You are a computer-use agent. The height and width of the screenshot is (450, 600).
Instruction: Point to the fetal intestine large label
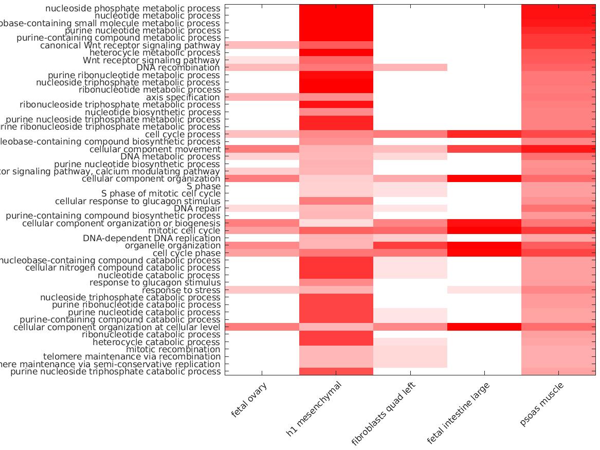coord(459,413)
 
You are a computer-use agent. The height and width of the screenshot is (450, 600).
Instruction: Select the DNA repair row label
coord(197,208)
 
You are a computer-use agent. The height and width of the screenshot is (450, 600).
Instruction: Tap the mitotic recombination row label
coord(173,349)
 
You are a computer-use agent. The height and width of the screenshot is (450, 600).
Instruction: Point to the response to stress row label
coord(181,290)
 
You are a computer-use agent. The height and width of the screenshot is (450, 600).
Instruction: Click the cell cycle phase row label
coord(187,253)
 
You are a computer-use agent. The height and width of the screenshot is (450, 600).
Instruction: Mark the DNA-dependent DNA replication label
coord(152,238)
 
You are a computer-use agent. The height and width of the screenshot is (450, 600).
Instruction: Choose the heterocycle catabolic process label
coord(156,342)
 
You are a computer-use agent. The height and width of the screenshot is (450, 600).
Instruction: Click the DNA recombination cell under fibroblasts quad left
coord(410,67)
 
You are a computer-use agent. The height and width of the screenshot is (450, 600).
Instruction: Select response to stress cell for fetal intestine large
coord(484,290)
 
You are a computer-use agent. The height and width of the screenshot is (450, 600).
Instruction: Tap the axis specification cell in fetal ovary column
coord(262,97)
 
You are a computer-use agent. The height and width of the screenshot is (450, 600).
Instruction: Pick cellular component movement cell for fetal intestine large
coord(484,149)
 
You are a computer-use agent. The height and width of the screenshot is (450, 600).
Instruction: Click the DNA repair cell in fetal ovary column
coord(262,208)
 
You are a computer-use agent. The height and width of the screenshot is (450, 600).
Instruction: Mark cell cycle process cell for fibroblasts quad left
coord(410,134)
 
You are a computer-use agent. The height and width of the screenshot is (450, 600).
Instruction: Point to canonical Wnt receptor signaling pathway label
coord(130,45)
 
